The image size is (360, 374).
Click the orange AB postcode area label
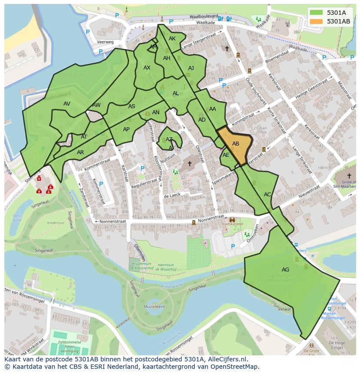236,144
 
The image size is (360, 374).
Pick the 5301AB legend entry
338,21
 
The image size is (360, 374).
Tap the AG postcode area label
285,270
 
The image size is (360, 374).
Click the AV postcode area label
67,104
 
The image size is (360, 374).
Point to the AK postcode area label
172,39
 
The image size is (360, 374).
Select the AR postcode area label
80,152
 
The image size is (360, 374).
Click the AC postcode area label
267,194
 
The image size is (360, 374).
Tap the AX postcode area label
147,68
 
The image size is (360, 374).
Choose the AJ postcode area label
191,68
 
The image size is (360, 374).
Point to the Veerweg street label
105,42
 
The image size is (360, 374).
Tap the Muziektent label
154,306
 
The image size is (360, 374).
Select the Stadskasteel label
232,224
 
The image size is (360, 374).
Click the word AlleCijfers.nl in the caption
226,359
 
